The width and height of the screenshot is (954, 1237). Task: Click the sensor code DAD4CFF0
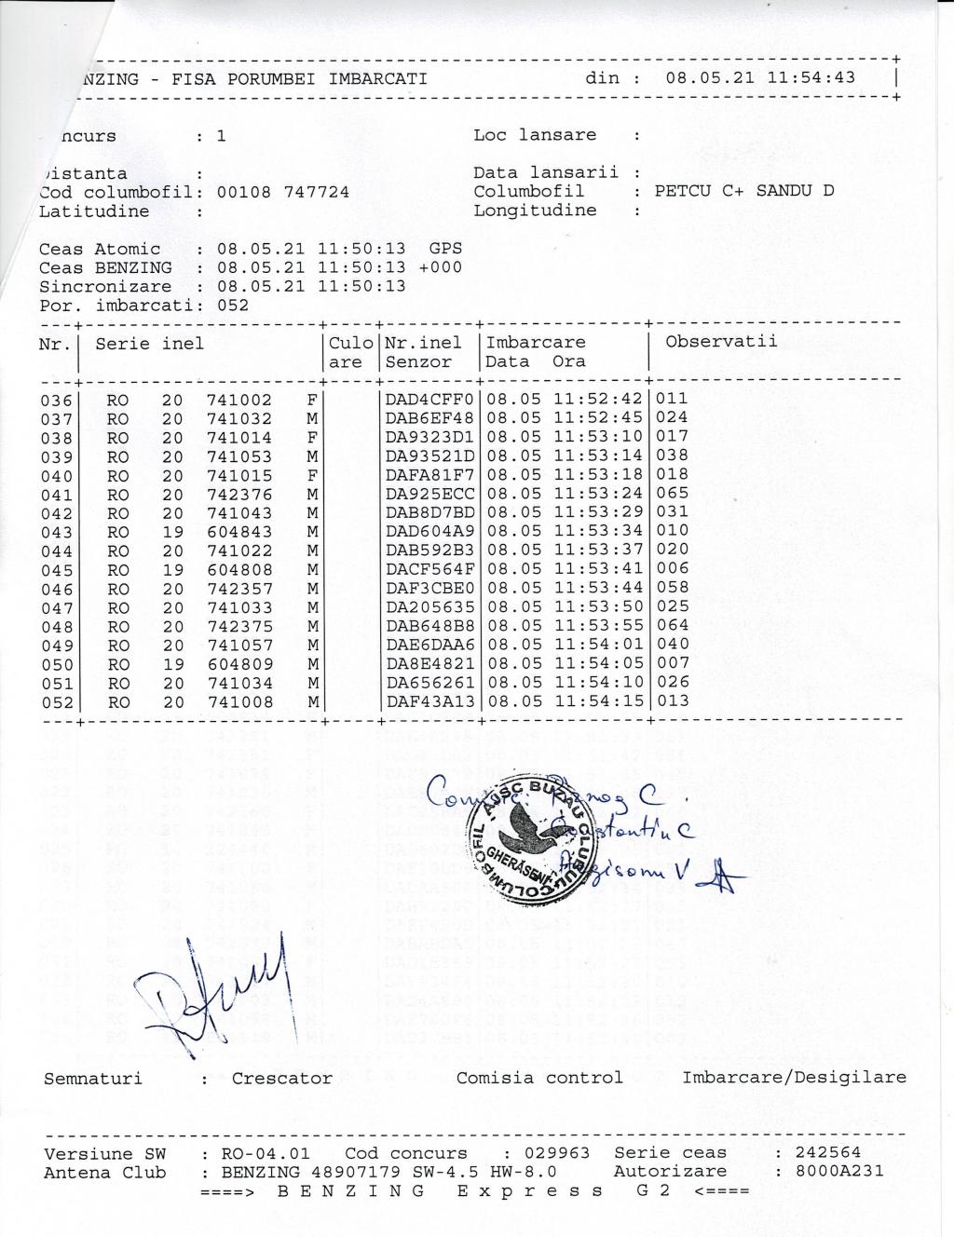click(x=429, y=400)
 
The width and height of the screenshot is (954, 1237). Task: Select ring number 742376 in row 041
click(x=239, y=495)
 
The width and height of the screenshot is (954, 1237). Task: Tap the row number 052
click(x=56, y=703)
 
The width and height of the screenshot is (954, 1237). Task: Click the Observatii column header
click(x=720, y=341)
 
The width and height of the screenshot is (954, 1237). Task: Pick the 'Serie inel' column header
click(x=149, y=344)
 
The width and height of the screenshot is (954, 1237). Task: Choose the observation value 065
click(x=673, y=494)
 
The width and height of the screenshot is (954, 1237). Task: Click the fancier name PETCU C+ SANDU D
click(x=744, y=191)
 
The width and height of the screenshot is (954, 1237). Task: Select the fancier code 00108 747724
click(x=283, y=192)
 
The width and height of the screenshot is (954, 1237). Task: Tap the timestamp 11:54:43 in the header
click(x=811, y=77)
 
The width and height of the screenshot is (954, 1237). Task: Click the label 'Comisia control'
click(x=538, y=1078)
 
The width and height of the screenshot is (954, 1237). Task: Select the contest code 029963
click(x=556, y=1153)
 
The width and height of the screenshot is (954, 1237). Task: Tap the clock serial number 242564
click(x=829, y=1153)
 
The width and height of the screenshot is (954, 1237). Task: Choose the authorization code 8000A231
click(x=839, y=1172)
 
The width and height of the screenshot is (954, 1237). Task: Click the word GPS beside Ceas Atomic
click(x=445, y=249)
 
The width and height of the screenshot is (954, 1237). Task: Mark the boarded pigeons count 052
click(x=233, y=306)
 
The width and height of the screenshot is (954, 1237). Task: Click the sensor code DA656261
click(x=429, y=683)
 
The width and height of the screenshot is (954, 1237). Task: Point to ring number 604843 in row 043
click(x=239, y=532)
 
